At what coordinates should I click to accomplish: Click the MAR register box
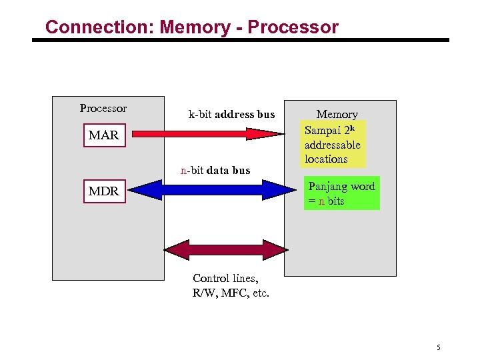click(103, 135)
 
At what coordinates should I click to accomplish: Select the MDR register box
click(103, 191)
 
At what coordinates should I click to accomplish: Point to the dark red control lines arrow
click(223, 249)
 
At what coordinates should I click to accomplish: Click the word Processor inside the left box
click(103, 108)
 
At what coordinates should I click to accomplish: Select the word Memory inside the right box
click(337, 115)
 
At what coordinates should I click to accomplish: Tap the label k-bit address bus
click(231, 115)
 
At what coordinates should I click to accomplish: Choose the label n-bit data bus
click(215, 170)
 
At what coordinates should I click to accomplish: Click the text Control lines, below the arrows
click(225, 278)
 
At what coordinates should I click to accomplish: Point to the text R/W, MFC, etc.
click(231, 293)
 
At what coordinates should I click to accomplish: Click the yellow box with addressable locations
click(333, 143)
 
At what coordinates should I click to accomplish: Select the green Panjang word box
click(341, 193)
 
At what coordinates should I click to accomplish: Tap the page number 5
click(439, 347)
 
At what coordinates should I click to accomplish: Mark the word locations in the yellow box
click(326, 159)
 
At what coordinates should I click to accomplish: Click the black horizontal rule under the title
click(241, 40)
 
